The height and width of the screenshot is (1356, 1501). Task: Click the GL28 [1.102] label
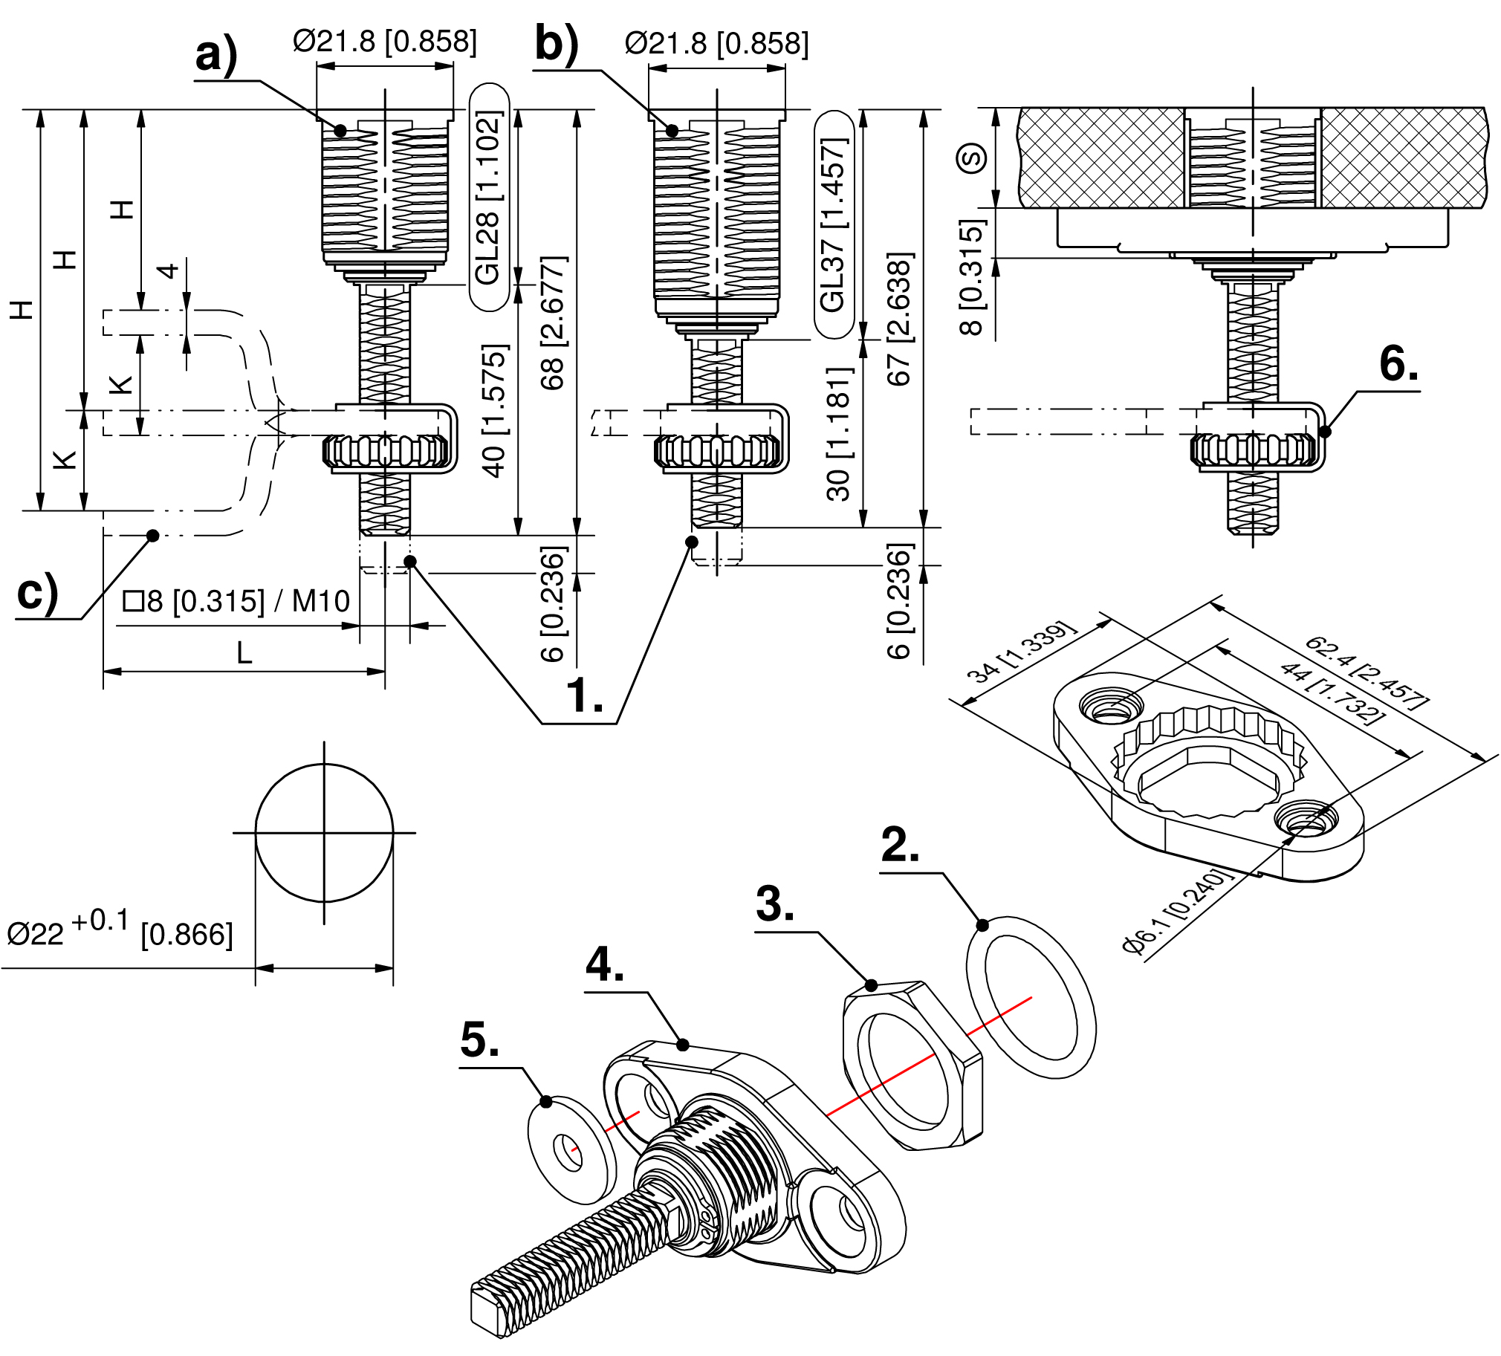pyautogui.click(x=488, y=198)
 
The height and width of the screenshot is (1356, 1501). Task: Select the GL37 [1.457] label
pyautogui.click(x=834, y=225)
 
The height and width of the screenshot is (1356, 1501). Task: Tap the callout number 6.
pyautogui.click(x=1398, y=365)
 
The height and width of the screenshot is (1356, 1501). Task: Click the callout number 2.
pyautogui.click(x=900, y=845)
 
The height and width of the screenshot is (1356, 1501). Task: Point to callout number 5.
pyautogui.click(x=479, y=1039)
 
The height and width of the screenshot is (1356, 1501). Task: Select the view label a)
pyautogui.click(x=216, y=55)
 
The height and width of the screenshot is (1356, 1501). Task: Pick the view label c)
pyautogui.click(x=37, y=594)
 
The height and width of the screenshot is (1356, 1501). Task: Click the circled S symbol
pyautogui.click(x=971, y=158)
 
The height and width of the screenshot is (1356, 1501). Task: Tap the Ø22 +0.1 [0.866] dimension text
pyautogui.click(x=119, y=930)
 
